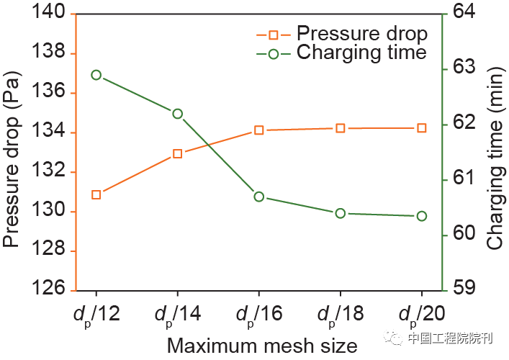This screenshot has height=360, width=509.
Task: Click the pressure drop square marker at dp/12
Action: [96, 194]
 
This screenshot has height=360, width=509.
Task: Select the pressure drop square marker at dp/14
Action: [178, 153]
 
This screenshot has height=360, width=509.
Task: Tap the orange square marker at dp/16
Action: [259, 130]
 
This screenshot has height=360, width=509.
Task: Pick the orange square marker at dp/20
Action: [422, 127]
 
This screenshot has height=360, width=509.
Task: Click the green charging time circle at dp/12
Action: [96, 75]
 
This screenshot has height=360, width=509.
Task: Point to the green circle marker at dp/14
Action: [178, 113]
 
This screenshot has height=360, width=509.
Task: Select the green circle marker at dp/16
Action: [259, 197]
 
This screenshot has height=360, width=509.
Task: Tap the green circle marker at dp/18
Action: [341, 213]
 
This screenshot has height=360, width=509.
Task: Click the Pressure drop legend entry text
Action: [361, 33]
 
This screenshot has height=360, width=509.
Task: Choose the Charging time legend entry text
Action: [361, 53]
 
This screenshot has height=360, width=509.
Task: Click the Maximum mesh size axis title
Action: [262, 346]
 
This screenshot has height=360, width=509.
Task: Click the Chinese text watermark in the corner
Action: [449, 338]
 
